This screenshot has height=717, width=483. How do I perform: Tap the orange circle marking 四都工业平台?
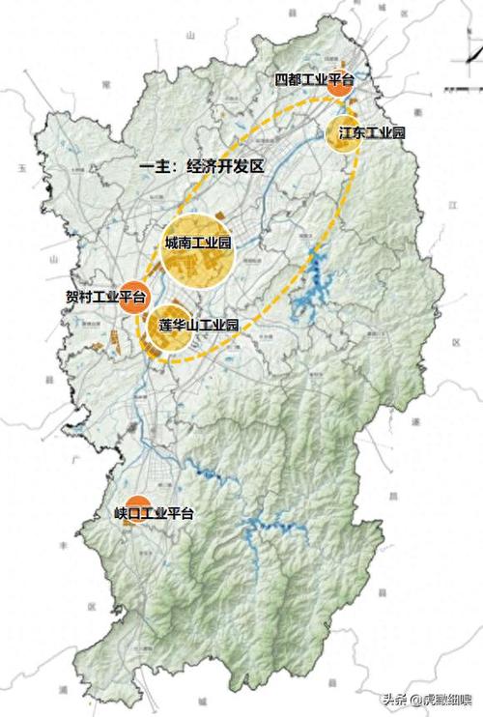[339, 84]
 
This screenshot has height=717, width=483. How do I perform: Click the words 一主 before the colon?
[157, 166]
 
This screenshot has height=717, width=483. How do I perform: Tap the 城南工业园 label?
[198, 244]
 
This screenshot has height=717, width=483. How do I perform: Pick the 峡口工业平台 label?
[153, 513]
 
